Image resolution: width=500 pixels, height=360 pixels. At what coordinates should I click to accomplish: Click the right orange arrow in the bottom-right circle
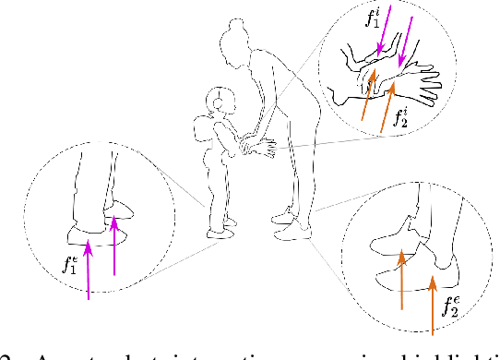click(x=432, y=301)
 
